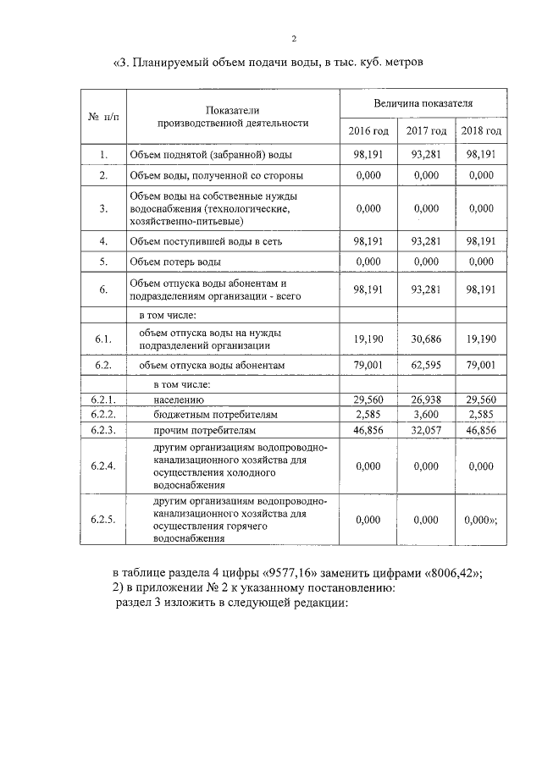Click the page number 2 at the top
click(x=294, y=38)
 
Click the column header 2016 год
click(x=368, y=131)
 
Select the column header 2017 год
click(x=426, y=131)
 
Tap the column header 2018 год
click(x=480, y=131)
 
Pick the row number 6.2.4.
click(x=102, y=466)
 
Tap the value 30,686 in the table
click(x=426, y=339)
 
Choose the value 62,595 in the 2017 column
click(x=426, y=365)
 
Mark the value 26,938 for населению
click(x=426, y=400)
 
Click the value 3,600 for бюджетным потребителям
click(x=426, y=415)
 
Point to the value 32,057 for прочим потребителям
click(x=426, y=430)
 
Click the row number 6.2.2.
click(x=102, y=415)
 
